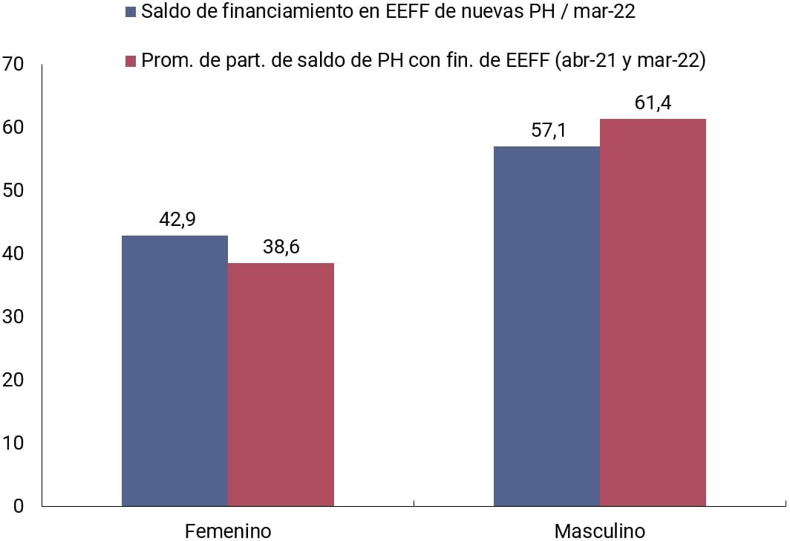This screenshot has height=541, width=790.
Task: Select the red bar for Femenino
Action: click(x=281, y=384)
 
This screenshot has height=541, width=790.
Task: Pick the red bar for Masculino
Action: click(x=653, y=312)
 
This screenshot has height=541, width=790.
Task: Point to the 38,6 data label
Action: click(x=281, y=247)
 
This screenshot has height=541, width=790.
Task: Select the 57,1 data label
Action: click(x=547, y=131)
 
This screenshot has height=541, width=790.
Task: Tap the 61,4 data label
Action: click(x=653, y=103)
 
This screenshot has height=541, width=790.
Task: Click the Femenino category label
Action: click(x=228, y=531)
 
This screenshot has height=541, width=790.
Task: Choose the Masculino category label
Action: click(x=600, y=531)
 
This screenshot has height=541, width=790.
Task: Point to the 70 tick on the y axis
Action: click(x=13, y=65)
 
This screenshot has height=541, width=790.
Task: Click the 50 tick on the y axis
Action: click(x=13, y=191)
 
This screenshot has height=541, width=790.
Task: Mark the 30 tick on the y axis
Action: click(x=13, y=317)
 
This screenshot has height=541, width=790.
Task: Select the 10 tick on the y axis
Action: click(x=13, y=443)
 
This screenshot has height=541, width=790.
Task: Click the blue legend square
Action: click(x=131, y=13)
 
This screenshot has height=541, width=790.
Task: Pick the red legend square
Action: click(x=131, y=61)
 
